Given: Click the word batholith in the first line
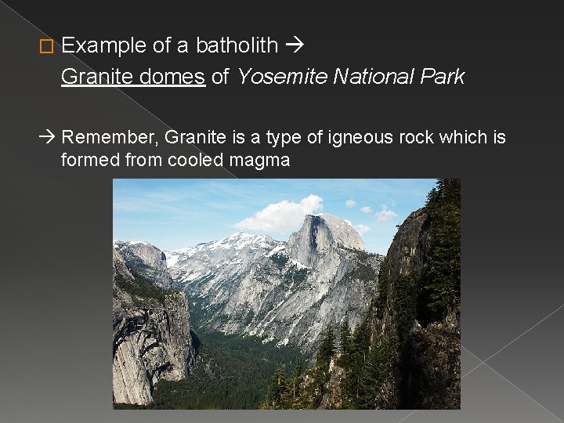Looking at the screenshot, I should [x=237, y=45].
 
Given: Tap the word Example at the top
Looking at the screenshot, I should [x=103, y=46].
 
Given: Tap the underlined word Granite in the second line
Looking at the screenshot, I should [x=93, y=77].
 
